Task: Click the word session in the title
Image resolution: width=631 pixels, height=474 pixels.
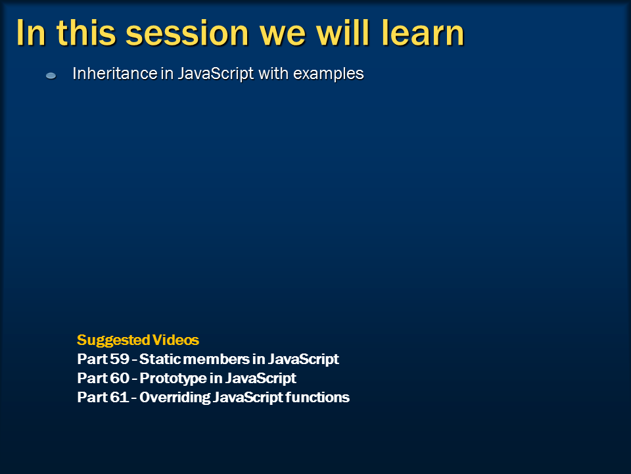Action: pyautogui.click(x=187, y=33)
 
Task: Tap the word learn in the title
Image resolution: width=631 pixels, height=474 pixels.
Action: pyautogui.click(x=423, y=32)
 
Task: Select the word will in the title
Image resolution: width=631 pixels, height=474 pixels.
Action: pyautogui.click(x=342, y=32)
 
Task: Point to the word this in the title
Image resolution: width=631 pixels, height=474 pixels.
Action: pyautogui.click(x=86, y=32)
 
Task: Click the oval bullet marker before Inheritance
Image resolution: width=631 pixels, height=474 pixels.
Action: pyautogui.click(x=51, y=75)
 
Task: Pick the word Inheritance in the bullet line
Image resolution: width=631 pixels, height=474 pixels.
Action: pyautogui.click(x=114, y=73)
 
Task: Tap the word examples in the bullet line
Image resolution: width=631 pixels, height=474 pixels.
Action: pyautogui.click(x=329, y=74)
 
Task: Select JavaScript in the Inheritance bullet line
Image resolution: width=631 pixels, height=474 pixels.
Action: pyautogui.click(x=216, y=74)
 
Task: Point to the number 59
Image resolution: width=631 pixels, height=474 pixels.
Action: pyautogui.click(x=120, y=359)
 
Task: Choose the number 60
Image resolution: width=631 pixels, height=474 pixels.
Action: pyautogui.click(x=120, y=378)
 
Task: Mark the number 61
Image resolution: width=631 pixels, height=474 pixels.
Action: pyautogui.click(x=119, y=397)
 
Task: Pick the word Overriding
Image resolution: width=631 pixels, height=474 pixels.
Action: pyautogui.click(x=175, y=398)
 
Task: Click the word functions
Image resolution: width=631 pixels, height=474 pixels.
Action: pyautogui.click(x=317, y=397)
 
